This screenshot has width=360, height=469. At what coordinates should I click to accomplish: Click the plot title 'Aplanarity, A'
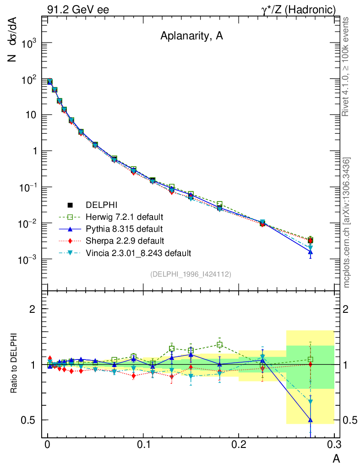191,37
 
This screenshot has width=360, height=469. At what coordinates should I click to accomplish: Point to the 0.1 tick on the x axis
143,445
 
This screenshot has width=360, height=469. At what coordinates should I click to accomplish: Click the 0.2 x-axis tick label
239,445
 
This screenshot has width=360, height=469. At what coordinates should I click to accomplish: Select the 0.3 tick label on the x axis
334,445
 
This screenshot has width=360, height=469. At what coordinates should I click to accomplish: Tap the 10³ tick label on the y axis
28,44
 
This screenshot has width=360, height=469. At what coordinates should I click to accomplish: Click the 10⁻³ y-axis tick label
28,260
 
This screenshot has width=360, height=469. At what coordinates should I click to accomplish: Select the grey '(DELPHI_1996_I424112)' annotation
190,274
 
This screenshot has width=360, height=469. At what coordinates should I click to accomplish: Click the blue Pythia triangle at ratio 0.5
310,420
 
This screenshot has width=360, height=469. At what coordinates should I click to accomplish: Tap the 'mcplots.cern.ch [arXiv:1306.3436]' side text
347,223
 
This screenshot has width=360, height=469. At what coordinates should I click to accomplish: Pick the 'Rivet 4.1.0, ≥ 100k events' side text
347,67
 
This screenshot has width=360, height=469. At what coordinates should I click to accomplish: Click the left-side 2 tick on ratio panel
33,309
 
